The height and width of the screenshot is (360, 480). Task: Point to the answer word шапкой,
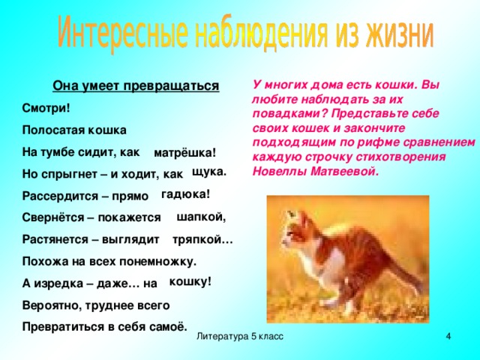point(201,217)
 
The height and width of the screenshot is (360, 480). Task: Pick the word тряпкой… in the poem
point(202,240)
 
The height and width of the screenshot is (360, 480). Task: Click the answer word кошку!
point(190,281)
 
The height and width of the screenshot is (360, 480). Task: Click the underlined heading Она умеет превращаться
point(136,85)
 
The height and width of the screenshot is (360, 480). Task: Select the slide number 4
point(448,338)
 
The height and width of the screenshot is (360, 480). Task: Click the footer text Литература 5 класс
point(239,338)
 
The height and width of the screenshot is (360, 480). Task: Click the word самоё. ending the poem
point(164,327)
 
